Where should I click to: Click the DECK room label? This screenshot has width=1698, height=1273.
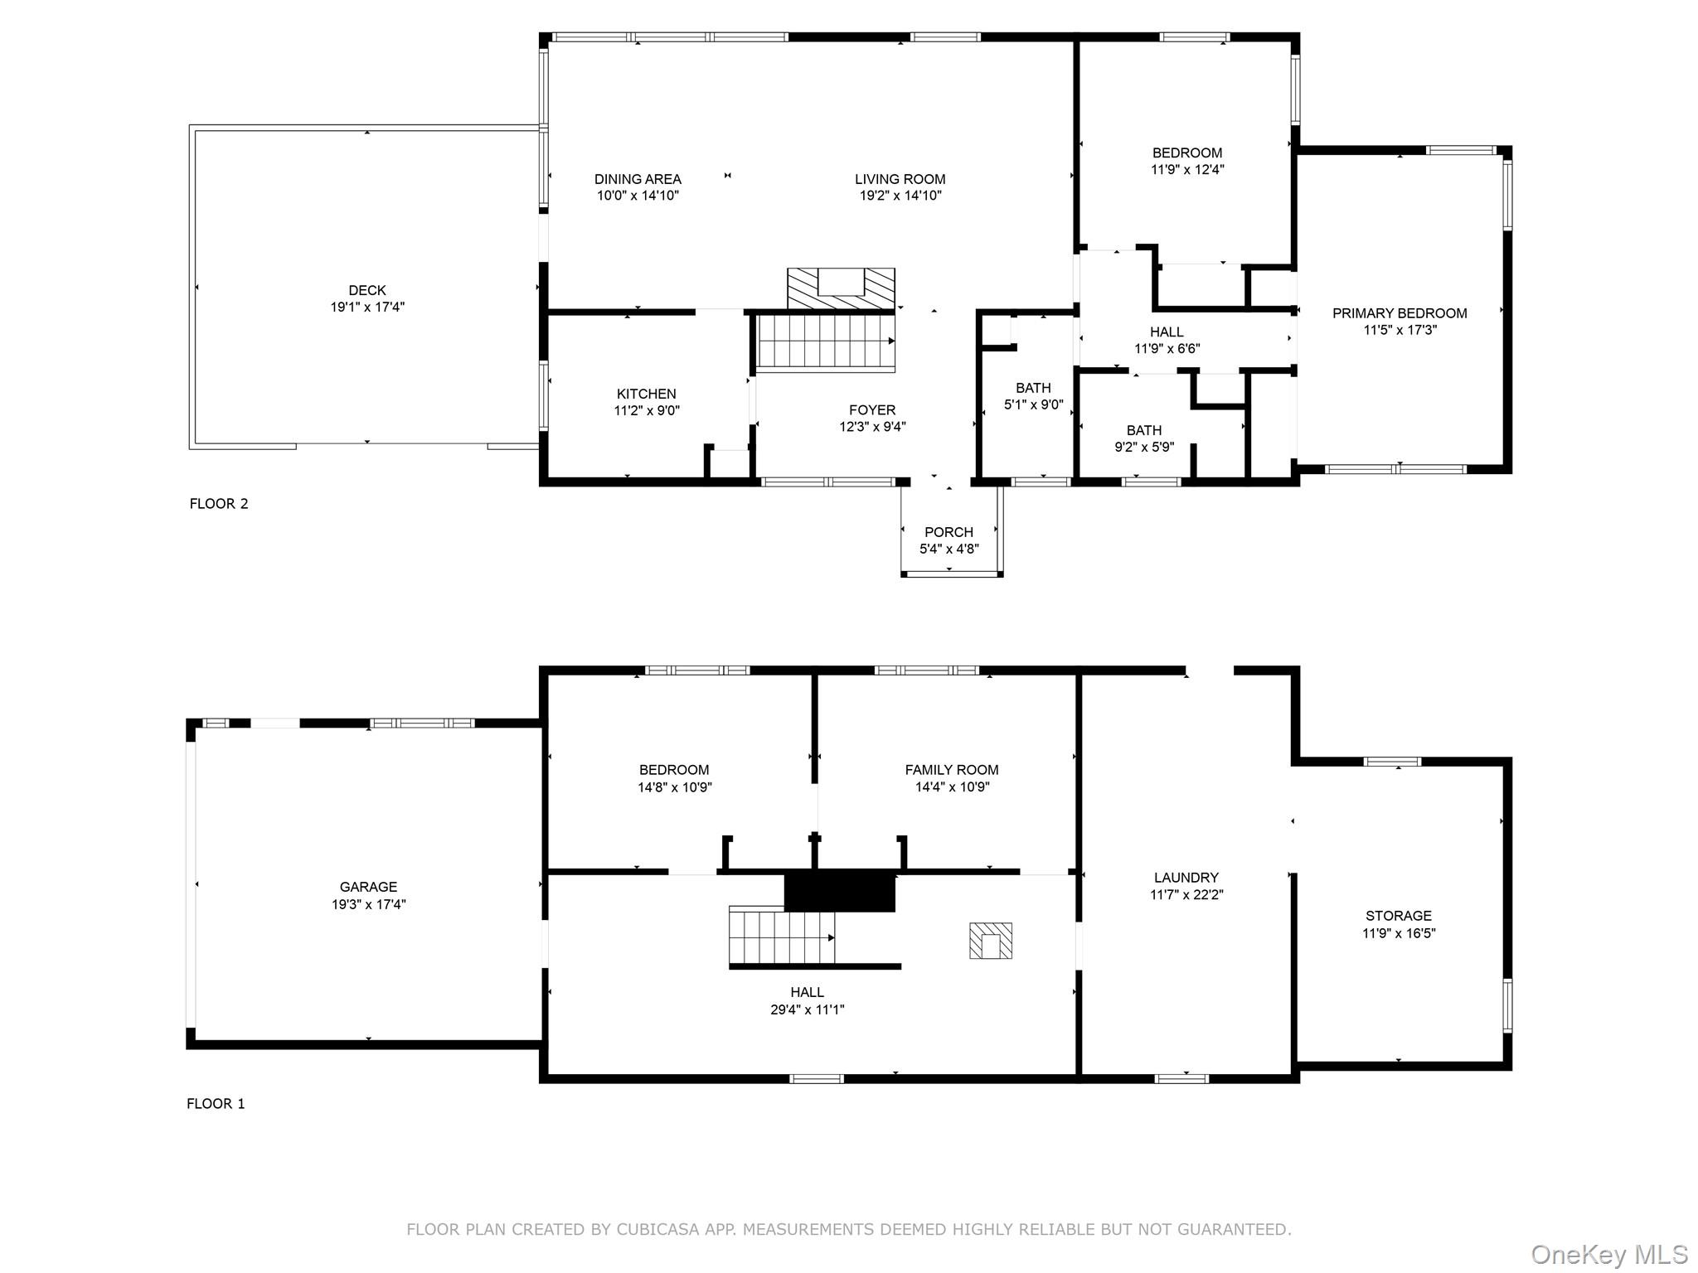[x=366, y=291]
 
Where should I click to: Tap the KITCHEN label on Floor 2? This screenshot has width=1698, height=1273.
[x=646, y=394]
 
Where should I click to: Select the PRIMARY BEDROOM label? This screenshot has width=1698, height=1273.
[x=1399, y=313]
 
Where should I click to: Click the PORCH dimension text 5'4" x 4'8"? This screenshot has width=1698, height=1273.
[x=948, y=549]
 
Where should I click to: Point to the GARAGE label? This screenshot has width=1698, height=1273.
[x=368, y=887]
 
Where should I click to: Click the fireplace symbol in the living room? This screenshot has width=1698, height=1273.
[x=841, y=288]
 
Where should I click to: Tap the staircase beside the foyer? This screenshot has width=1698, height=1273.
[x=825, y=341]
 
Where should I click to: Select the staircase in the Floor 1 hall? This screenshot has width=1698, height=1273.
[x=781, y=936]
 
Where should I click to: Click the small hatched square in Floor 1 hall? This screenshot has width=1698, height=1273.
[x=990, y=941]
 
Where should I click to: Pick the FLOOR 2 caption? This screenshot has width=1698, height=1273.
[x=219, y=504]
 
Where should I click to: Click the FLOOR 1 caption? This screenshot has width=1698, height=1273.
[x=216, y=1104]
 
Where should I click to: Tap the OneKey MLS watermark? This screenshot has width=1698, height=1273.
[x=1608, y=1254]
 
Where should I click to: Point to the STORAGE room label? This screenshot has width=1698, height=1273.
[x=1398, y=916]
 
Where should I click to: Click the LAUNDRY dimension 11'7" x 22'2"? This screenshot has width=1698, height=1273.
[x=1186, y=895]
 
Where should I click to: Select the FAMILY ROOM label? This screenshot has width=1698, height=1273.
[x=951, y=770]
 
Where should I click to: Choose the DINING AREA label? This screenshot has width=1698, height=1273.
[x=638, y=179]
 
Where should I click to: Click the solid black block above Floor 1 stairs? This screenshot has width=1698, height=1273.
[x=840, y=891]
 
